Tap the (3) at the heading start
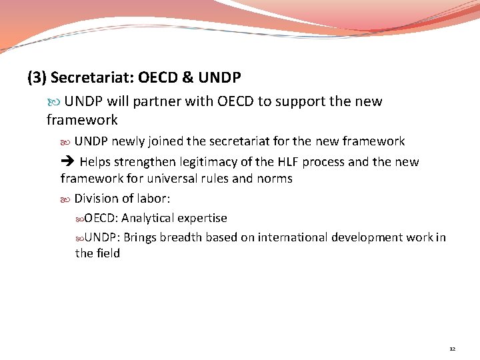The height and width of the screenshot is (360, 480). [37, 78]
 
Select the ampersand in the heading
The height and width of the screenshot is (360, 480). [187, 78]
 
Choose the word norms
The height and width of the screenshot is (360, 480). [274, 179]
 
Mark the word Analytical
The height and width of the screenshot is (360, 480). [147, 218]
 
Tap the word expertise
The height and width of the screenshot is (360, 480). [202, 218]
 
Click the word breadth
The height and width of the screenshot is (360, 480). [181, 237]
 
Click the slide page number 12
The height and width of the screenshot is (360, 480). [453, 349]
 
